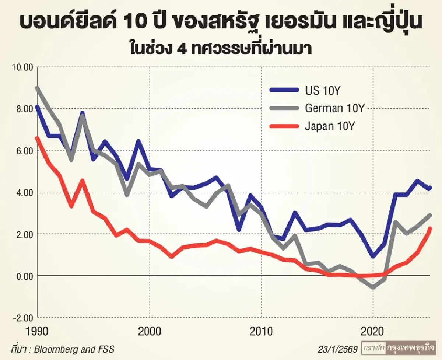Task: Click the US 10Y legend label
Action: pyautogui.click(x=321, y=90)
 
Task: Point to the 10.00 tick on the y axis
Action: pyautogui.click(x=23, y=67)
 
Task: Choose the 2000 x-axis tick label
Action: pyautogui.click(x=150, y=331)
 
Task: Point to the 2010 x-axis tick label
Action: pyautogui.click(x=262, y=331)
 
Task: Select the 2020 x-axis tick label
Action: pyautogui.click(x=373, y=331)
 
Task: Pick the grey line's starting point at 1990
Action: pyautogui.click(x=37, y=88)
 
